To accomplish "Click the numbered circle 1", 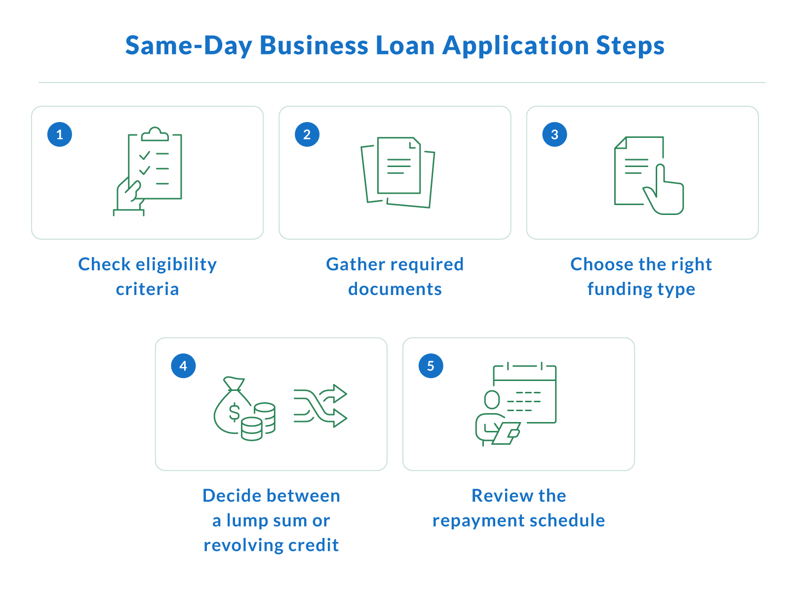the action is [59, 134].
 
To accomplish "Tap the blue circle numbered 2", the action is [307, 134].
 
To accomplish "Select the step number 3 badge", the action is [554, 134].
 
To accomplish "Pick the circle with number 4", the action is [183, 366].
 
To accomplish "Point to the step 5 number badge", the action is [431, 366].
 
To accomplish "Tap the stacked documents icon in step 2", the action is [397, 172].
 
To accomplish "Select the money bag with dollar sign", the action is [232, 405].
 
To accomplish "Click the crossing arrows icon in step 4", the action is [320, 406].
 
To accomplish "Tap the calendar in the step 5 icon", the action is [525, 394].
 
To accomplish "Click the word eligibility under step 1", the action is [176, 265].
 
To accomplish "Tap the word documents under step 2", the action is [395, 289].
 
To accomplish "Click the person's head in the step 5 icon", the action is [492, 399].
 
